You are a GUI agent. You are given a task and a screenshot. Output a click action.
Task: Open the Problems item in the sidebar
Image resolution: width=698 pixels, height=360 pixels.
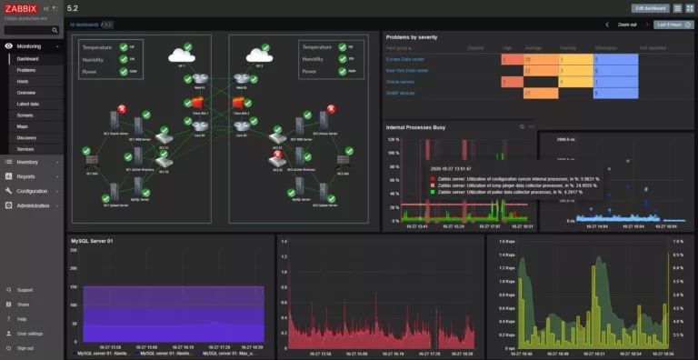tap(26, 69)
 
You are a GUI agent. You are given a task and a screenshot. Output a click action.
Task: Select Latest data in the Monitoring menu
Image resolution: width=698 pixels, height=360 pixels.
tap(28, 104)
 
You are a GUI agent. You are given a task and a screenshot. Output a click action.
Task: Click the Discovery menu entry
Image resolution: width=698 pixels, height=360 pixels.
tap(27, 137)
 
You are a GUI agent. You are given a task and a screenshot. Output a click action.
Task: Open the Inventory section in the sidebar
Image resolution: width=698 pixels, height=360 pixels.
tap(27, 162)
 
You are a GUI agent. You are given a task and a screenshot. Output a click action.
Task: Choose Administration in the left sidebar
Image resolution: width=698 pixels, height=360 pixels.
tap(34, 205)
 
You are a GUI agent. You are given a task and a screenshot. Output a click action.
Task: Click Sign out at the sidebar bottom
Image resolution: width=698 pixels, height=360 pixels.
tap(25, 347)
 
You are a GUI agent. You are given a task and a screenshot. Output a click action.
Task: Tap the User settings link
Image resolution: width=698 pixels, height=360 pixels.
tap(29, 334)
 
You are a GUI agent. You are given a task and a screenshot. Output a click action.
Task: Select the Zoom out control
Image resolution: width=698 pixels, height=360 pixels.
tap(627, 25)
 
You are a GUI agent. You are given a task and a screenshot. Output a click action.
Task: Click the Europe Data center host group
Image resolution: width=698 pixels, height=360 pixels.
tap(405, 58)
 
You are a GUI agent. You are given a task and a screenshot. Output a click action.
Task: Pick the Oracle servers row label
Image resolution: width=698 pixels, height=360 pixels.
tap(400, 81)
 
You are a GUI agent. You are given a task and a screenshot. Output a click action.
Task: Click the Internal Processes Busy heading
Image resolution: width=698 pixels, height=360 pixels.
tap(415, 127)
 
